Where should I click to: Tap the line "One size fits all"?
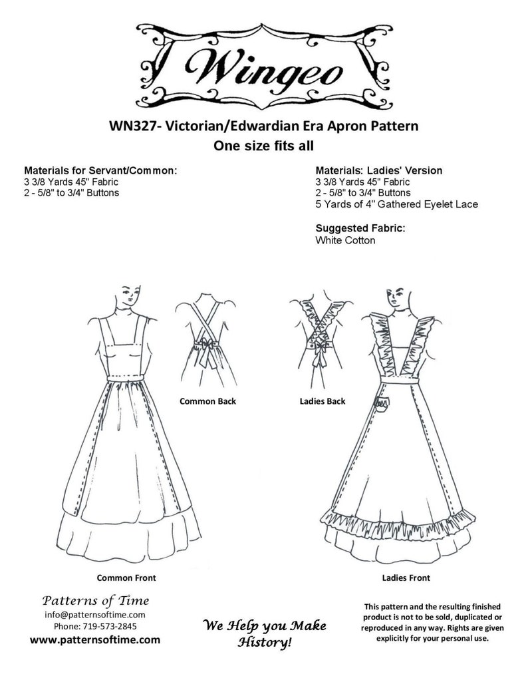click(x=263, y=146)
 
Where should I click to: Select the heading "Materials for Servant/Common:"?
click(x=100, y=170)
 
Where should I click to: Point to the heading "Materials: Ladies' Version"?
click(x=379, y=170)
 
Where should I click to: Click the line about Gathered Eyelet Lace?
click(x=397, y=204)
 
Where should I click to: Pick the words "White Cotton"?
click(x=345, y=240)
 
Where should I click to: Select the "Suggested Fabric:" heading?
click(x=360, y=228)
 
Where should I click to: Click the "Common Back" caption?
click(x=207, y=401)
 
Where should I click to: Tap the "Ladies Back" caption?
click(x=323, y=401)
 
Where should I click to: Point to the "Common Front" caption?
click(x=126, y=578)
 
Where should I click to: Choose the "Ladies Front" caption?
click(x=406, y=578)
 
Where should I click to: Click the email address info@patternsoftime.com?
click(x=94, y=615)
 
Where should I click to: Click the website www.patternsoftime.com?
click(x=95, y=640)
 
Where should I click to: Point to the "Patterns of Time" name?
click(x=96, y=601)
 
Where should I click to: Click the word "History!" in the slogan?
click(x=265, y=643)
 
